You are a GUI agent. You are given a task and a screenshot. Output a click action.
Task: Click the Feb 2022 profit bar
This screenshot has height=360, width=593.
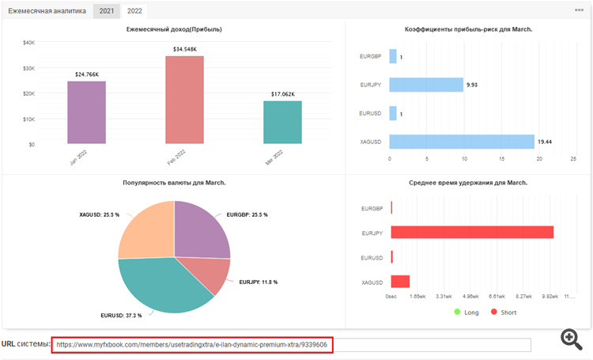point(184,100)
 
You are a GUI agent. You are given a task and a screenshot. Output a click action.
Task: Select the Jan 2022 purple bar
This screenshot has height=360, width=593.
point(86,112)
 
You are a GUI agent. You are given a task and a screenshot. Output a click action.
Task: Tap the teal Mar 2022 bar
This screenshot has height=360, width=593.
point(282,123)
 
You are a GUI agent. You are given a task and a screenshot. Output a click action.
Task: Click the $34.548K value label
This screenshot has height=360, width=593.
point(184,50)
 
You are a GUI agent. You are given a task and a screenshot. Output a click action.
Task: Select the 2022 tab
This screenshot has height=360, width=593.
point(134,11)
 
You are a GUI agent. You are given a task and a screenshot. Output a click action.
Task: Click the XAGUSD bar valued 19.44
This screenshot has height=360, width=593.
point(462,142)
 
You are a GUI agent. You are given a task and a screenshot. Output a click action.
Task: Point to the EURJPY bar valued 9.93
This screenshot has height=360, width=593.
point(425,85)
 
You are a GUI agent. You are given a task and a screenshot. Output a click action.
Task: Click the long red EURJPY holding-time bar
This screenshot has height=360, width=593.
point(472,232)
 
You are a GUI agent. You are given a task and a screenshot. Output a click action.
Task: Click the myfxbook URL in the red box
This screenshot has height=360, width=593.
point(192,345)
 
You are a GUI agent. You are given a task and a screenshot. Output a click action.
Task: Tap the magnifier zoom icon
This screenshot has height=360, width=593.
point(572,340)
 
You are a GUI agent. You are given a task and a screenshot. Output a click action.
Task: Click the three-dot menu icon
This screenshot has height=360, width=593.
point(579,10)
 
